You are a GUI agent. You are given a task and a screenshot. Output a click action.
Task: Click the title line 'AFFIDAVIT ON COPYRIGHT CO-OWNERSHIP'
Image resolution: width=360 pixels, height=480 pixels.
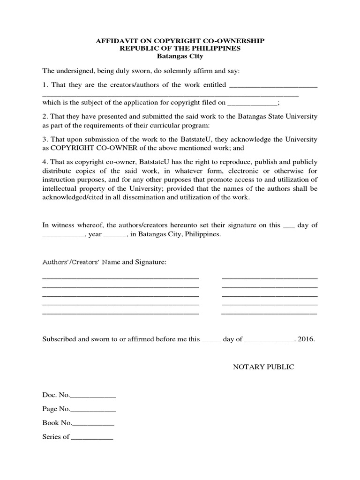coord(180,41)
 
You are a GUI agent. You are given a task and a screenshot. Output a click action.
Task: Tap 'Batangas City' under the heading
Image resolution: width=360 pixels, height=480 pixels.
coord(180,56)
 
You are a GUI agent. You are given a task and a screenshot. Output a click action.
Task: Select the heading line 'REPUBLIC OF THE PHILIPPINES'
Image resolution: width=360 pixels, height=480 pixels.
coord(180,49)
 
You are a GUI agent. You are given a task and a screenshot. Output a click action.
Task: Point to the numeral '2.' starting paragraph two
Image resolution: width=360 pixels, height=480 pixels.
coord(45,116)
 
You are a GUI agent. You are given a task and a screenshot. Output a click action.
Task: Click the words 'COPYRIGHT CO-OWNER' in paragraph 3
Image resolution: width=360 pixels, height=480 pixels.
coord(85,148)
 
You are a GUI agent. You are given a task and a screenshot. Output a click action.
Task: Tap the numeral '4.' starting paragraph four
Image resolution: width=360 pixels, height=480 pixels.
coord(45,162)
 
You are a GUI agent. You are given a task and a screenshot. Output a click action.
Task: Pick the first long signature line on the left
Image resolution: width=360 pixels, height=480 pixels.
coord(120,277)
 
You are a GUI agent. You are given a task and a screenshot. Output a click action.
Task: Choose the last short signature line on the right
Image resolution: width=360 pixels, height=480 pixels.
coord(269,313)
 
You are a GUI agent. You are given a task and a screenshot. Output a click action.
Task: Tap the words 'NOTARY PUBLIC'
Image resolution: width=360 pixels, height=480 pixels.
coord(263,367)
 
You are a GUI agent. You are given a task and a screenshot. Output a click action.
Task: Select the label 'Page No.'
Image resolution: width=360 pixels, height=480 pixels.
coord(56,409)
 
